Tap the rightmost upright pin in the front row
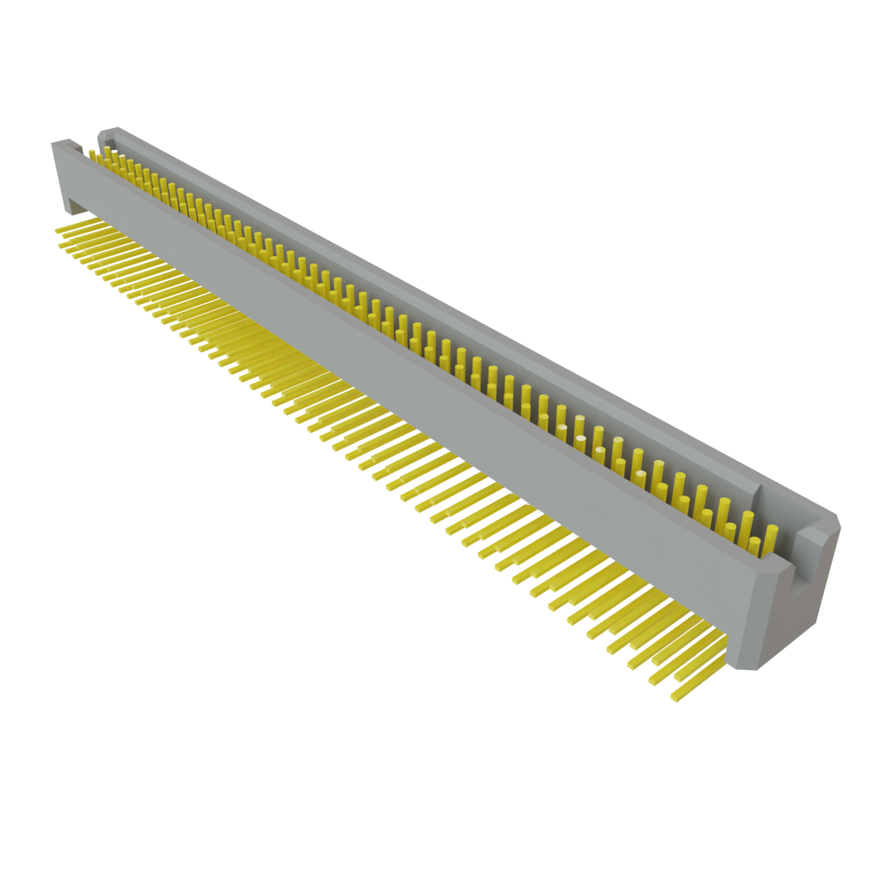(x=754, y=547)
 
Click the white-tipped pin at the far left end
(x=90, y=153)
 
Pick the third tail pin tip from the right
(x=632, y=667)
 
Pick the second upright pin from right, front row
(x=731, y=536)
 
